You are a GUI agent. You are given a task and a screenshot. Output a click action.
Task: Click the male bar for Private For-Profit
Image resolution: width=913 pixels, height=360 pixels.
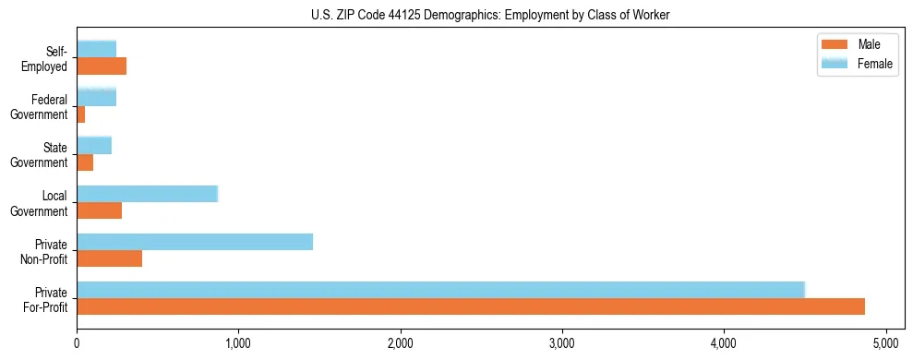coord(471,306)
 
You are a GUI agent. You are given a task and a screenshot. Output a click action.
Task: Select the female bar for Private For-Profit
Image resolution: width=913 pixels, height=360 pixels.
coord(440,290)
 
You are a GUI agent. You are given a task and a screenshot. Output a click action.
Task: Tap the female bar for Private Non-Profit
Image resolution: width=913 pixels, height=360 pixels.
coord(195,242)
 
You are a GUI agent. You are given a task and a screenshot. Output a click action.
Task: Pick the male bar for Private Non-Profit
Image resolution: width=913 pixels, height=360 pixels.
coord(110,258)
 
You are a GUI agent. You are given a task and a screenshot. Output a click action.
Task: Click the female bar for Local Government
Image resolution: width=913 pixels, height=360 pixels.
coord(147,194)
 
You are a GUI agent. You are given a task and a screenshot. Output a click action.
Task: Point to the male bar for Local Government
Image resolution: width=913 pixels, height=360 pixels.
coord(100,210)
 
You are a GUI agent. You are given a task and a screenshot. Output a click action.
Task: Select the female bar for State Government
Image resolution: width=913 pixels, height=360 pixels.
coord(94,145)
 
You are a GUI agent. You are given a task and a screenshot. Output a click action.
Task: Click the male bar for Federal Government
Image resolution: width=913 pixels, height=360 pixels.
coord(81,114)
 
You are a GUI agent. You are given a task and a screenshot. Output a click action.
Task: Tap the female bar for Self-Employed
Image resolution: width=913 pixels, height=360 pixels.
coord(97,49)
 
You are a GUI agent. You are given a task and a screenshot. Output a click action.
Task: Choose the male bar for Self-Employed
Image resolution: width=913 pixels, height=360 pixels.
coord(102,66)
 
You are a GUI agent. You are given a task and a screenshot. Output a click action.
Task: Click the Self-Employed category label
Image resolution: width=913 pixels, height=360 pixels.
coord(49,58)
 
